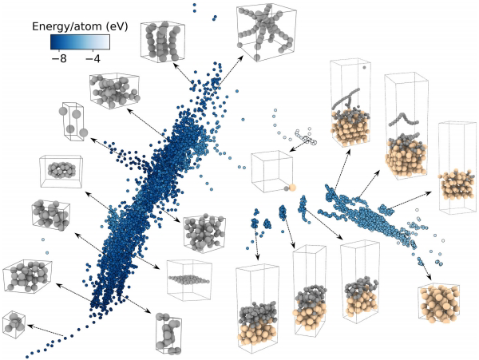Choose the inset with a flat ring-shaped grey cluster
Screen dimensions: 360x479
tap(61, 171)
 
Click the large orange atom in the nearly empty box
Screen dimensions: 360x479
tap(291, 187)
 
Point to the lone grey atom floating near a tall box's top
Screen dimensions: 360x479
tap(365, 68)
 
